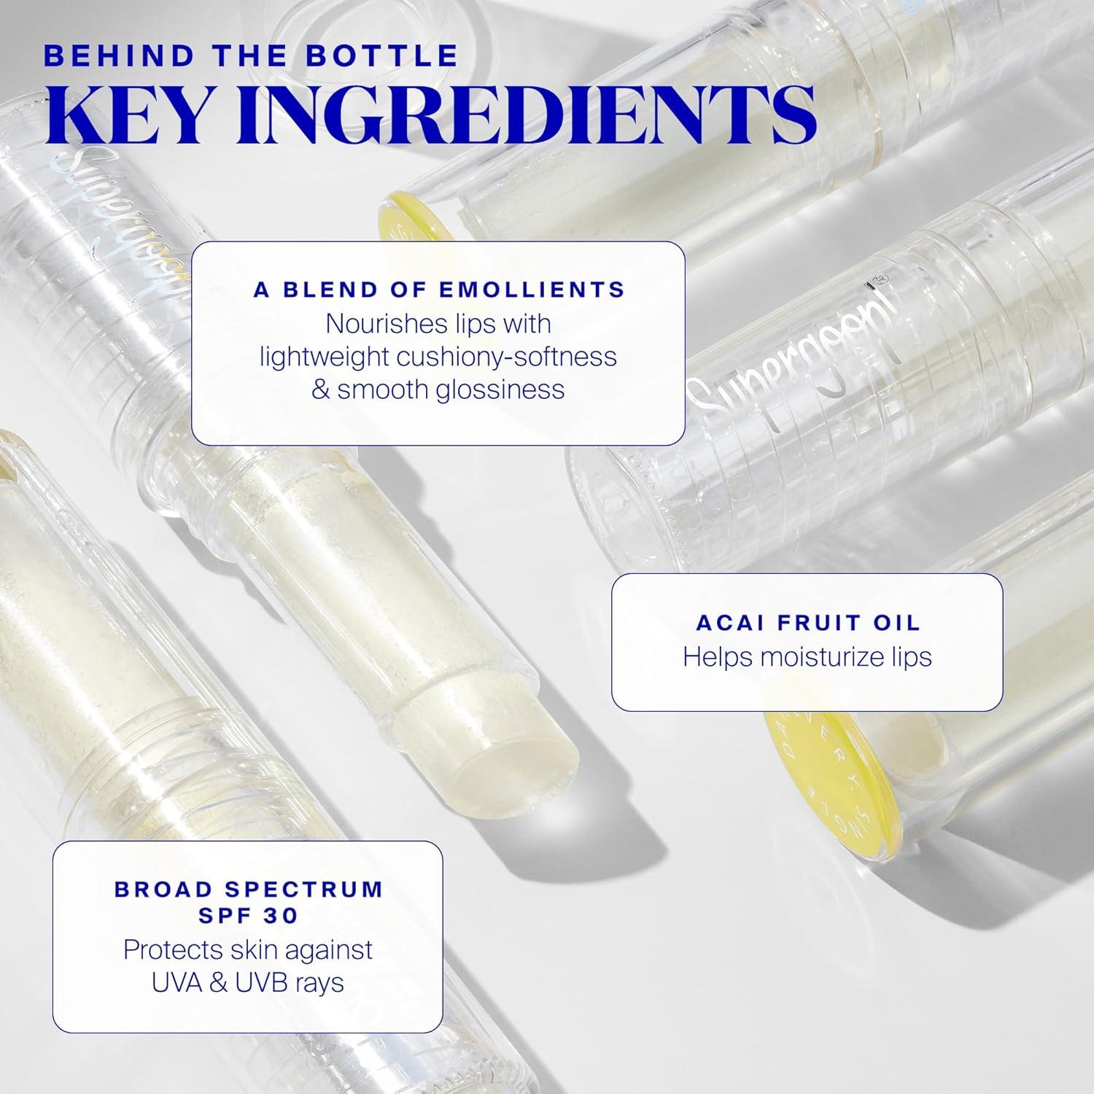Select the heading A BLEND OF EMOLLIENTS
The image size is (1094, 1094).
439,290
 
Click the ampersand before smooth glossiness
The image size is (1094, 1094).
320,389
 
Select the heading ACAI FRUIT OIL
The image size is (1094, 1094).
808,623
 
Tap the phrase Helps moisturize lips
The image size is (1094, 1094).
807,656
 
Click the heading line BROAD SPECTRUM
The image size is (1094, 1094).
249,890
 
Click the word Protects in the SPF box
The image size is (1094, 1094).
172,950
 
